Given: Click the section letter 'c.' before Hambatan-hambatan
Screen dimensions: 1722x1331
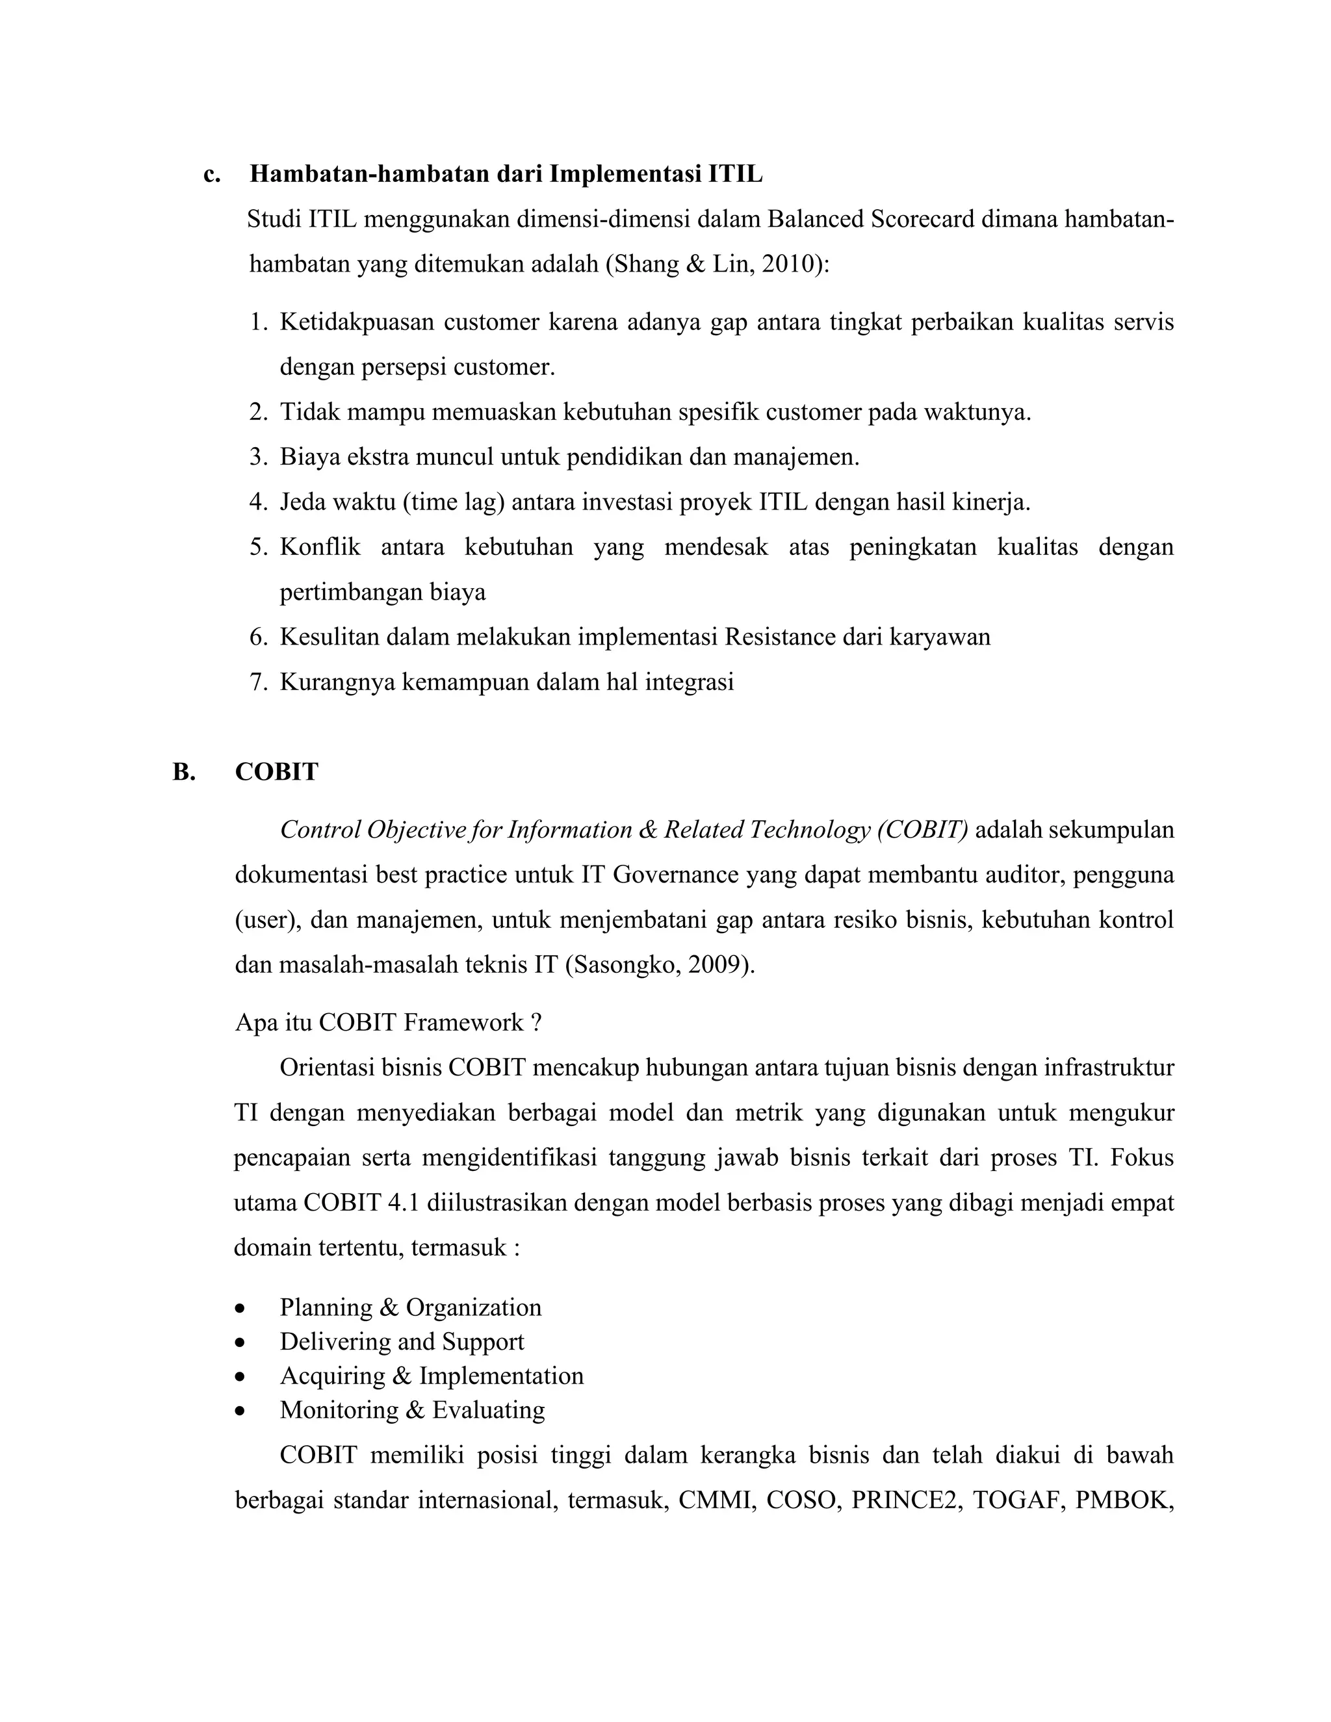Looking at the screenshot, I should (x=211, y=174).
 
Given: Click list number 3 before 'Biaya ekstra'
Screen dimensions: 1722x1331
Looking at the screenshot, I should (x=258, y=457).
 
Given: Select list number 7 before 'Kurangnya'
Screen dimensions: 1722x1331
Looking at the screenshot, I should (x=258, y=682).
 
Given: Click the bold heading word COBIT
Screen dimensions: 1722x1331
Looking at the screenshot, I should (x=277, y=772).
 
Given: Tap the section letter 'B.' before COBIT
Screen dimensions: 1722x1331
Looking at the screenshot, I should (x=184, y=772).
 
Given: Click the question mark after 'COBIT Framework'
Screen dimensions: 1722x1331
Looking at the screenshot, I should (x=536, y=1023).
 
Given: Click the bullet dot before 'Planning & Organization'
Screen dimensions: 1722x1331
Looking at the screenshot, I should (x=240, y=1309).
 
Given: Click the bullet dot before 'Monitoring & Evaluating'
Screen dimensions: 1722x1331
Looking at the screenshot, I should (x=240, y=1411).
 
